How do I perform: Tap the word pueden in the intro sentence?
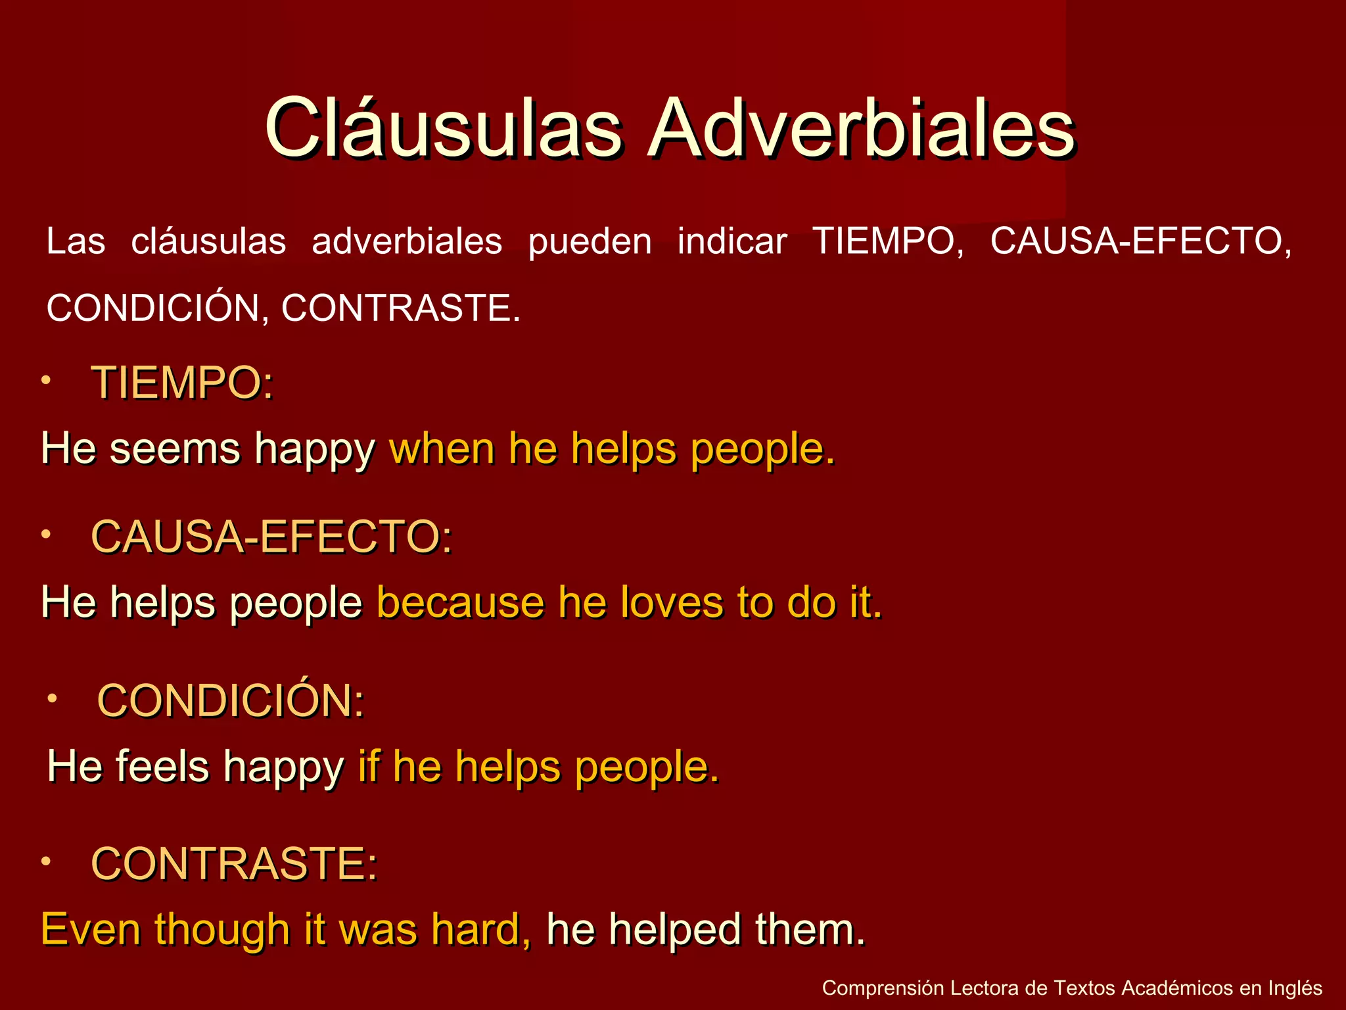coord(590,241)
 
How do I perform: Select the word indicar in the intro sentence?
coord(732,241)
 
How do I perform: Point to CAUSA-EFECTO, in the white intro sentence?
coord(1141,241)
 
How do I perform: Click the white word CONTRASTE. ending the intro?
coord(401,308)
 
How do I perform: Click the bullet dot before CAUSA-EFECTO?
coord(45,535)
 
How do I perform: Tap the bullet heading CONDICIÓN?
coord(231,700)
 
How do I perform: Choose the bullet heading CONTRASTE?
coord(234,863)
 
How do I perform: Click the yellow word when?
coord(442,449)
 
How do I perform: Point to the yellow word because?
coord(460,602)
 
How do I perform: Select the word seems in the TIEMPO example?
coord(175,449)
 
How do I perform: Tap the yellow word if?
coord(369,767)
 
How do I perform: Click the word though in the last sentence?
coord(222,930)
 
